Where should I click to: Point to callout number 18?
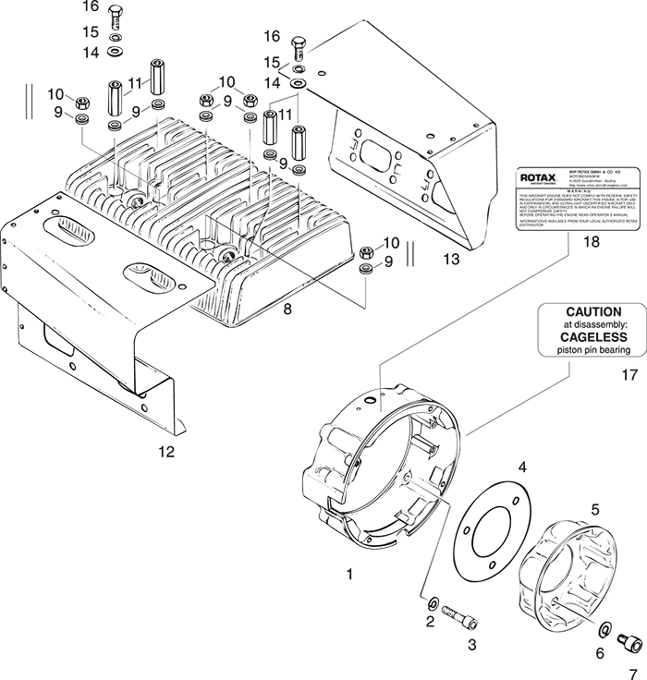point(565,242)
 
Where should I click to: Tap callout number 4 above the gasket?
point(522,468)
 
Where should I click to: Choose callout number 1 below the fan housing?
point(349,575)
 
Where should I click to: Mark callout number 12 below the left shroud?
point(166,452)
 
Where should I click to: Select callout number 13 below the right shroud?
point(451,261)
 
